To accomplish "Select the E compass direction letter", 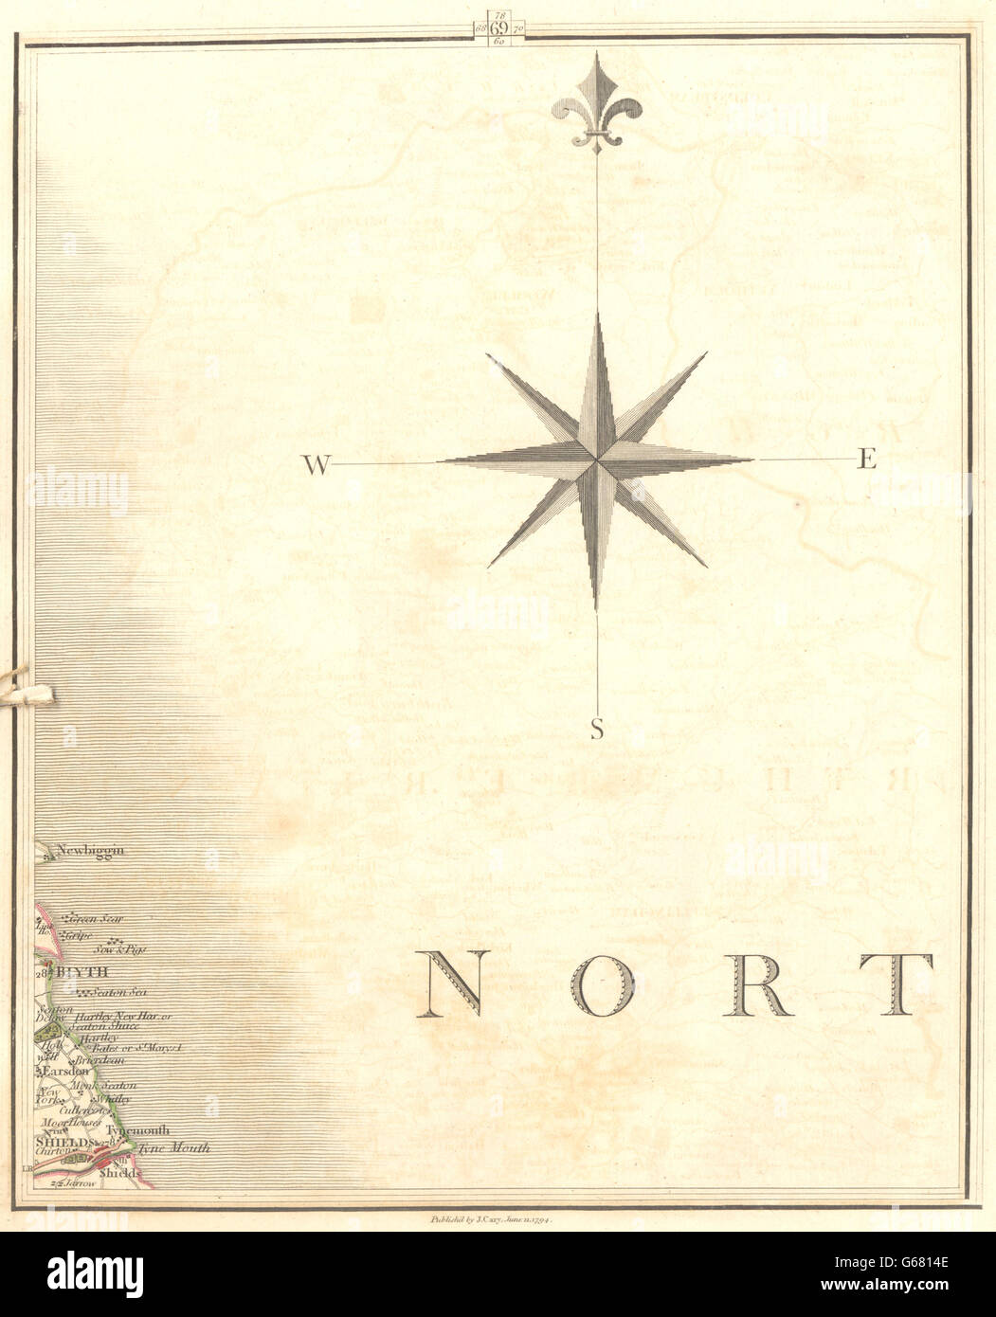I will point(867,460).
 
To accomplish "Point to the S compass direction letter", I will point(596,729).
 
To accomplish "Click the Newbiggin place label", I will point(90,851).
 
